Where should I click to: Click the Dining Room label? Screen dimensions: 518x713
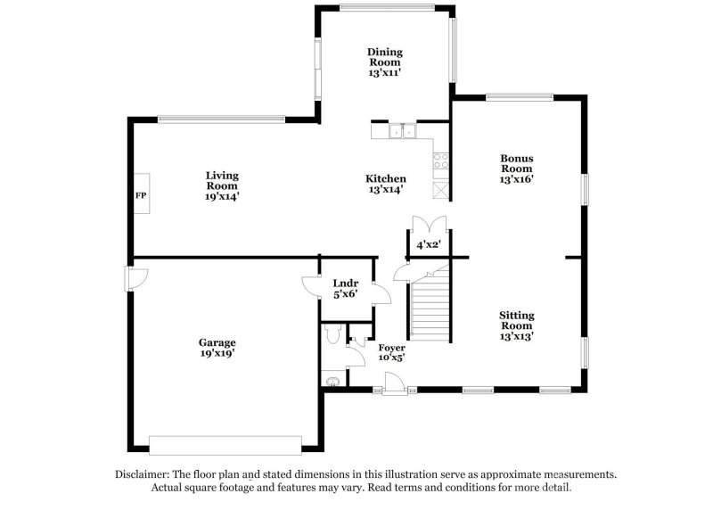[384, 57]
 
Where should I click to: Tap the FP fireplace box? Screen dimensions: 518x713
[141, 194]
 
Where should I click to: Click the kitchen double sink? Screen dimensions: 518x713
[403, 133]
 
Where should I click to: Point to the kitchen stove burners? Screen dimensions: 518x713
[440, 161]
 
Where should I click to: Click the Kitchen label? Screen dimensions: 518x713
[387, 178]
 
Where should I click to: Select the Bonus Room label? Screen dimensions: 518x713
[516, 163]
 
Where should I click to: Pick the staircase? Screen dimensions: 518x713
[430, 303]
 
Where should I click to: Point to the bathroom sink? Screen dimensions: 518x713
[333, 382]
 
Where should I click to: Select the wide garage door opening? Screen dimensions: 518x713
[225, 443]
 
